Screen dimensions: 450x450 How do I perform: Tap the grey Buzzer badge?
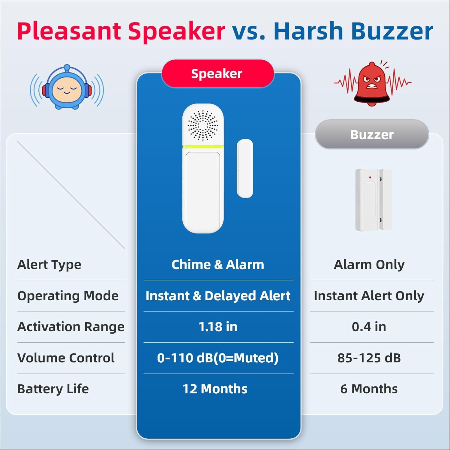372,134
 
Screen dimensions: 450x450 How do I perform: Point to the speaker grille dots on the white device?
203,125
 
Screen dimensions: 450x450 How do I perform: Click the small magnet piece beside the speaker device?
245,168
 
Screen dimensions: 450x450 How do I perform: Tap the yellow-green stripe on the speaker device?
203,147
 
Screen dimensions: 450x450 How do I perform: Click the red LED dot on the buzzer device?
370,178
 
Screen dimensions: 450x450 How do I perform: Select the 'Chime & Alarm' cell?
218,265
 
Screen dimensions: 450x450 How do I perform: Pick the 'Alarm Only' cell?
369,265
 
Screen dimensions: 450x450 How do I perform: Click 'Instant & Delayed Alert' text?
218,296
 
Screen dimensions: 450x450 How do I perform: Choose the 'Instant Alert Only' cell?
369,296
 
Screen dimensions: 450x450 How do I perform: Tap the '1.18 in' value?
218,327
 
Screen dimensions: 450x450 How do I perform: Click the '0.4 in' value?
369,327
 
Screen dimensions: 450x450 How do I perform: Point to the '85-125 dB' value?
369,358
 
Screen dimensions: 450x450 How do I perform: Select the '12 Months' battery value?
215,389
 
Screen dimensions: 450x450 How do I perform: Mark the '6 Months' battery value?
369,389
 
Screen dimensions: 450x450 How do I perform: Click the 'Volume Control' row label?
66,358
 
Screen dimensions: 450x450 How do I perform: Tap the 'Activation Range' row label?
71,327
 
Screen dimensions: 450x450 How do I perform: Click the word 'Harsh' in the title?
308,31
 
